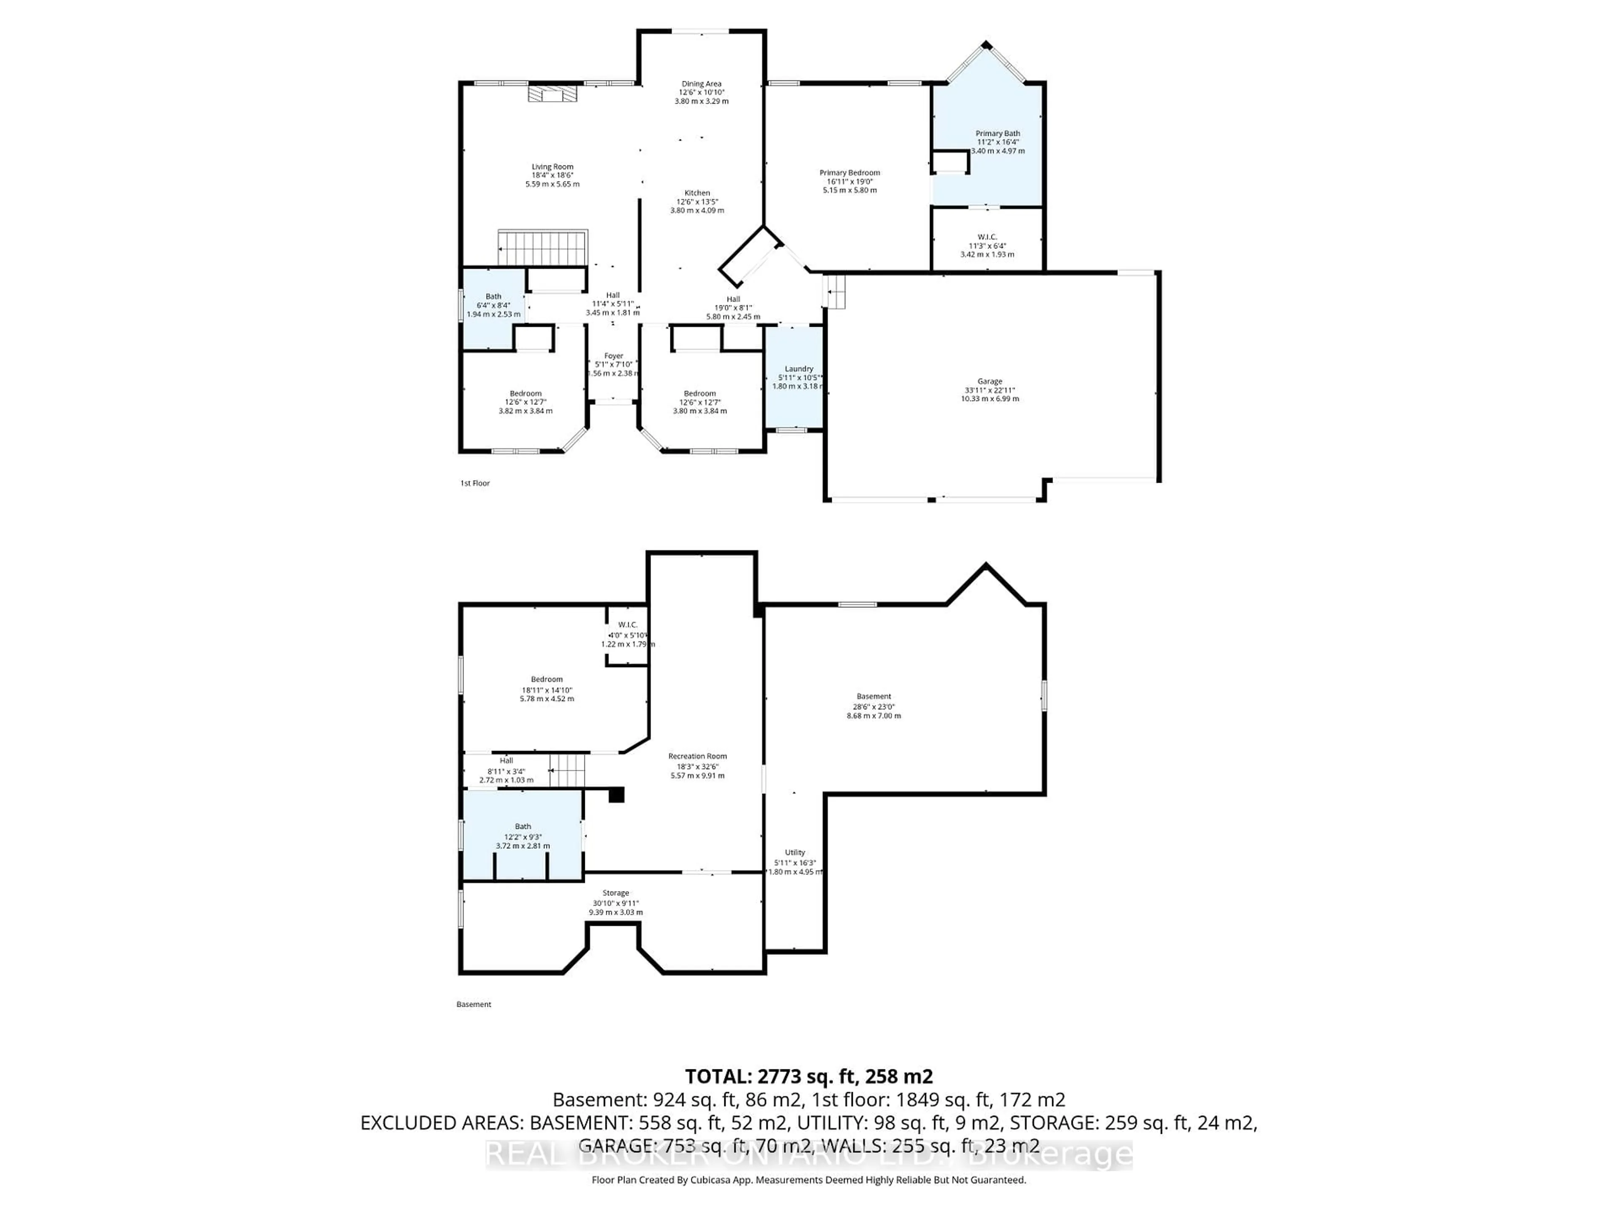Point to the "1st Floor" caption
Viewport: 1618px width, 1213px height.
475,483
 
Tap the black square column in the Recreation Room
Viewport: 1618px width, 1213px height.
616,795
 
